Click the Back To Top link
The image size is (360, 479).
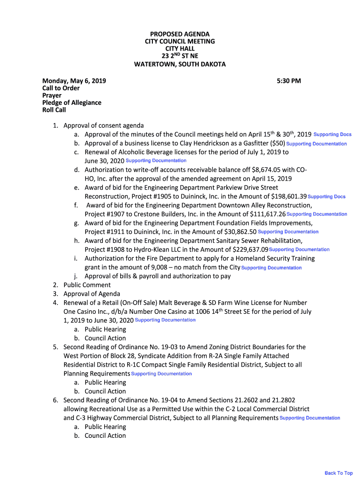point(338,473)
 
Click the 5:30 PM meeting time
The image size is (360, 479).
point(288,81)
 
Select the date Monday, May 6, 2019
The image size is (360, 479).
point(74,81)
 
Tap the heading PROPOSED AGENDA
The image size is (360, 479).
point(180,34)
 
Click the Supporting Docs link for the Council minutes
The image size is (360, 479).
point(332,135)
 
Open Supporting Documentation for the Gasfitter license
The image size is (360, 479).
point(317,144)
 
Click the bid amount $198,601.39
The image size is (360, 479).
point(283,196)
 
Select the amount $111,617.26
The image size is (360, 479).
point(262,214)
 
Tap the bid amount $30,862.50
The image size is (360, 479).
point(240,232)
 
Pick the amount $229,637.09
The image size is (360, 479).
point(251,250)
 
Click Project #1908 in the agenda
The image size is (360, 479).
point(105,250)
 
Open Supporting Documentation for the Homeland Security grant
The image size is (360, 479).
point(271,268)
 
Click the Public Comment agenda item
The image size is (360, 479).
point(87,285)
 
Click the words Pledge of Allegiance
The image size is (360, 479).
point(72,103)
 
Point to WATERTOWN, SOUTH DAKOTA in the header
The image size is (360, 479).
point(180,64)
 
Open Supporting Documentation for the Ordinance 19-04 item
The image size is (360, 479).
point(310,418)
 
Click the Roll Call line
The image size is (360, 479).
point(54,110)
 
